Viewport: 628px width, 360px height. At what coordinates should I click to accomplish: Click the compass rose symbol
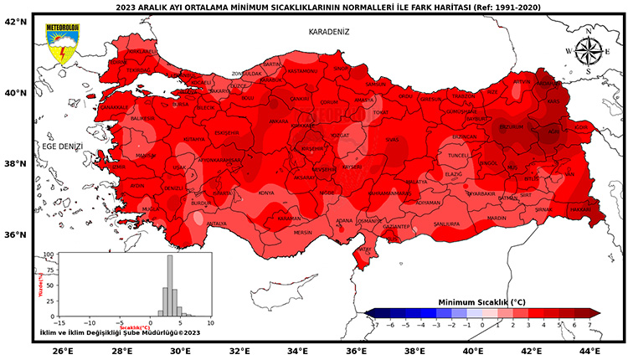pos(589,51)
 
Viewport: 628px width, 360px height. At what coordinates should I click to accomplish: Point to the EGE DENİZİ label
pos(63,146)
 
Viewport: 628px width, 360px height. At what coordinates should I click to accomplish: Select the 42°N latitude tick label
pos(16,22)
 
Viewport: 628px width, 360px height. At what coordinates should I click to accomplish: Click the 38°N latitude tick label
pos(16,164)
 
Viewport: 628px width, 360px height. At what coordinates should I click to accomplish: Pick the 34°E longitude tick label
pos(299,351)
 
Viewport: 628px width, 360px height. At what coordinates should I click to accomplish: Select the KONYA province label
pos(266,193)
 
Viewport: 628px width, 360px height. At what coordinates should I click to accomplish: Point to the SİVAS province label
pos(392,141)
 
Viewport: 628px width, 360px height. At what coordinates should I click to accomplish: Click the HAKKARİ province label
pos(579,211)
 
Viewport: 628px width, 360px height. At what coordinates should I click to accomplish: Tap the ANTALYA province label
pos(217,224)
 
